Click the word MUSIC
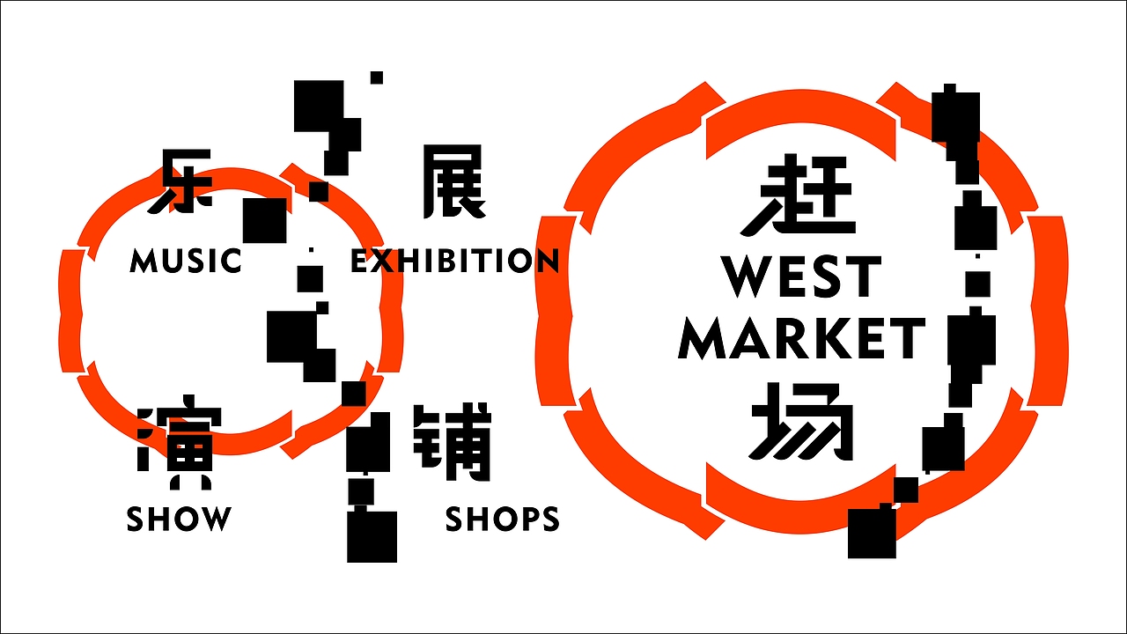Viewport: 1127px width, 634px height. (186, 261)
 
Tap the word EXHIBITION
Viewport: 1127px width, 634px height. (455, 261)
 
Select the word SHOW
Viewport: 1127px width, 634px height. (179, 519)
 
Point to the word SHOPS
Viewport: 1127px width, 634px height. (502, 519)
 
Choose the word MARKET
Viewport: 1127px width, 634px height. (802, 339)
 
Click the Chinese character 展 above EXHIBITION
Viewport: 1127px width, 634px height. (453, 181)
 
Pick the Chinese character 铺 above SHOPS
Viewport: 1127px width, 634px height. (452, 442)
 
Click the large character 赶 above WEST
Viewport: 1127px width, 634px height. (798, 194)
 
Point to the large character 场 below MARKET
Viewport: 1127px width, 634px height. (801, 422)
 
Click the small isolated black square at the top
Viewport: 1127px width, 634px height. (377, 78)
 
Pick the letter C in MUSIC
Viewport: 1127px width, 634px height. (231, 261)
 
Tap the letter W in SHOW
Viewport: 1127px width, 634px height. (215, 519)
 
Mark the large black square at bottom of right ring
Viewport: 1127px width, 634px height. (872, 534)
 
